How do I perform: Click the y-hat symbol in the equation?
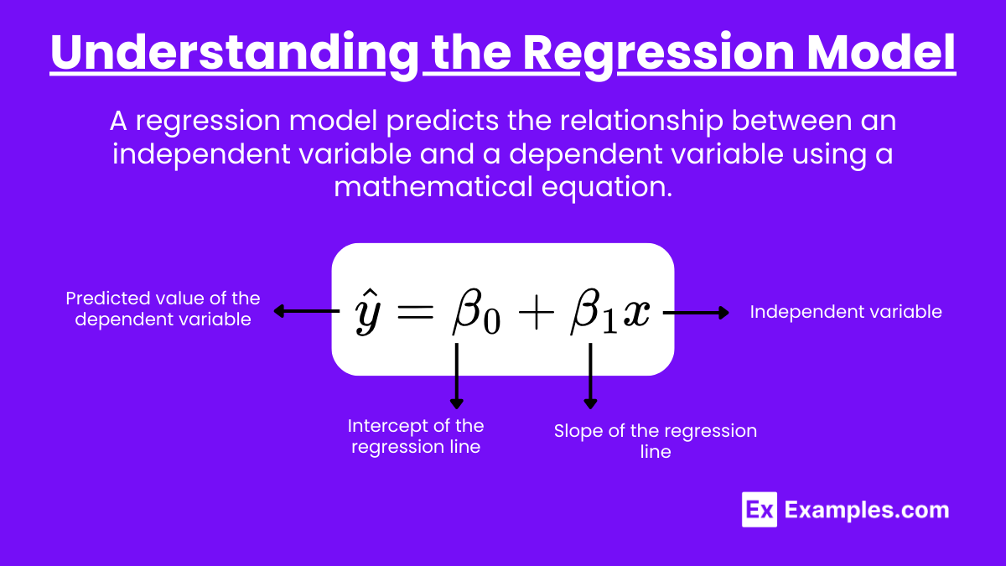click(368, 312)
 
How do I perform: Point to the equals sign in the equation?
click(416, 311)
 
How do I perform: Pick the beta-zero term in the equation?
click(476, 312)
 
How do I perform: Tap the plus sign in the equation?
click(536, 312)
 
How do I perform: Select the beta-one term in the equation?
click(594, 312)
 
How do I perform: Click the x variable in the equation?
click(635, 312)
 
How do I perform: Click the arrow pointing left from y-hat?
click(307, 311)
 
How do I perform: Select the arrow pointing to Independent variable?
click(696, 313)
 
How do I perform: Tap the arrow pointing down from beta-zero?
click(457, 376)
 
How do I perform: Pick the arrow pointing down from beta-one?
click(590, 376)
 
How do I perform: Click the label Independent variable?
click(846, 312)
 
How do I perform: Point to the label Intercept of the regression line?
click(416, 436)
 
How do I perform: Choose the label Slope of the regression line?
click(656, 441)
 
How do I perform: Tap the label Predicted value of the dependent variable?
click(163, 309)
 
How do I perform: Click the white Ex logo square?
click(760, 510)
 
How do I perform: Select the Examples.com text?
click(867, 510)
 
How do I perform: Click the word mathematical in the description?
click(433, 186)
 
